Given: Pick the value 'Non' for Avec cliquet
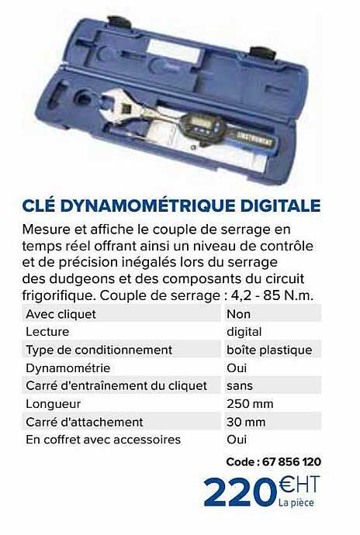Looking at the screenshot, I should coord(238,315).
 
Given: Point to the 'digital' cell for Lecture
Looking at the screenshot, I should coord(244,333).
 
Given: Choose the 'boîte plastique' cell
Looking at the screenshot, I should coord(268,350).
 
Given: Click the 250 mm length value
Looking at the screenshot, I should coord(249,404).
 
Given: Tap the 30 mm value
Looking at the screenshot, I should coord(245,422).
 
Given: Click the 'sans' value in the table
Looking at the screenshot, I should coord(241,386).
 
